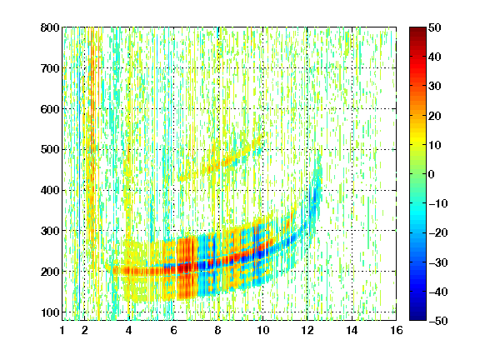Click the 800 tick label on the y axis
[x=50, y=27]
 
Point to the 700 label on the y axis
[x=50, y=68]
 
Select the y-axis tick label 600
[x=50, y=109]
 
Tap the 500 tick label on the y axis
[x=50, y=150]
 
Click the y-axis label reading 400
[x=50, y=191]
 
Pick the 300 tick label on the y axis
[x=50, y=231]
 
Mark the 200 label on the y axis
[x=50, y=272]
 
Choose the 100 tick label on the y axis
[x=50, y=312]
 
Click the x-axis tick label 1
[x=62, y=330]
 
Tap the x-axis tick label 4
[x=129, y=330]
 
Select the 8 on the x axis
[x=217, y=330]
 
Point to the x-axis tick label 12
[x=307, y=330]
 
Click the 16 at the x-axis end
[x=396, y=330]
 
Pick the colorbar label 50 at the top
[x=435, y=27]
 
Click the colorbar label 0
[x=432, y=174]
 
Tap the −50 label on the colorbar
[x=438, y=321]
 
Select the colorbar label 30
[x=435, y=87]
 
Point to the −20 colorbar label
[x=438, y=232]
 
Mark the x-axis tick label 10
[x=262, y=330]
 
